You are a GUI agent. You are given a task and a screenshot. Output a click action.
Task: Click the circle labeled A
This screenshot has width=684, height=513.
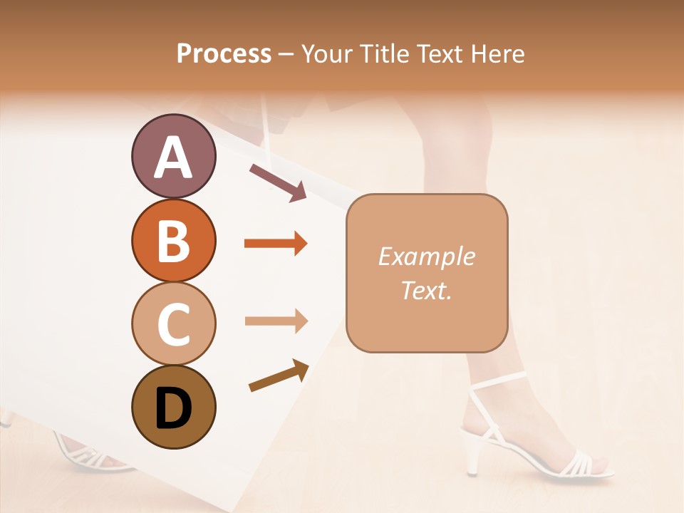pyautogui.click(x=173, y=157)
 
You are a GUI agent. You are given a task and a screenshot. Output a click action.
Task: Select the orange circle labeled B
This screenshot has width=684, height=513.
pyautogui.click(x=173, y=241)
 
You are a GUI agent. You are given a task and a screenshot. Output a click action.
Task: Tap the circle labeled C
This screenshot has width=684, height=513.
pyautogui.click(x=173, y=323)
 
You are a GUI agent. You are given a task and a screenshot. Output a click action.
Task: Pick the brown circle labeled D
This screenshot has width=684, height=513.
pyautogui.click(x=173, y=407)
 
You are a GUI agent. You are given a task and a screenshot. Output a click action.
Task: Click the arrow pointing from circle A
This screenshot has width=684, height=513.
pyautogui.click(x=278, y=182)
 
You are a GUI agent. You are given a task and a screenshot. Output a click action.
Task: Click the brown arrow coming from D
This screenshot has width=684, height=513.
pyautogui.click(x=279, y=376)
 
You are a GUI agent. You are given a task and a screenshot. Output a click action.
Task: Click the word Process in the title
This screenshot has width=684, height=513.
pyautogui.click(x=224, y=53)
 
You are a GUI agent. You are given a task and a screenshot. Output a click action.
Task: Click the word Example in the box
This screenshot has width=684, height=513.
pyautogui.click(x=426, y=256)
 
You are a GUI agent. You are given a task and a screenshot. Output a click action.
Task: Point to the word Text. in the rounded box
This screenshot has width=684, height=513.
pyautogui.click(x=426, y=290)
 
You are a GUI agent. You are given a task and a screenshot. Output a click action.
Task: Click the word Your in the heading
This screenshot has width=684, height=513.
pyautogui.click(x=325, y=53)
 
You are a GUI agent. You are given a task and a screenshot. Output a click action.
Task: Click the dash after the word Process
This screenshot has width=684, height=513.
pyautogui.click(x=286, y=54)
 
